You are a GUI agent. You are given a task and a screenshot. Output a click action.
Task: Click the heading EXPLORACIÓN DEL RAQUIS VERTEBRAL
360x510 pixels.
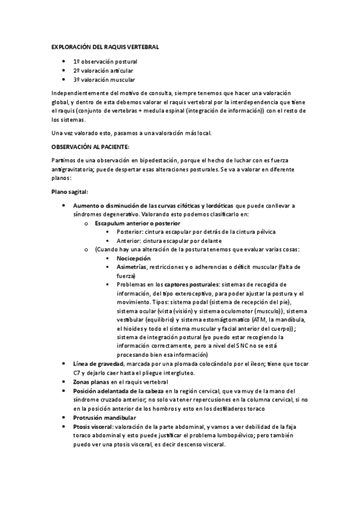105,46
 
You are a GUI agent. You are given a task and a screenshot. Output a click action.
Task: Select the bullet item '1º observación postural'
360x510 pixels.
105,61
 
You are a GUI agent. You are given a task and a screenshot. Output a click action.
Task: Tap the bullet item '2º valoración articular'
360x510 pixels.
103,70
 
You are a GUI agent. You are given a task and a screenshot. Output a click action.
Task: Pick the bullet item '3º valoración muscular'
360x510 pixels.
104,79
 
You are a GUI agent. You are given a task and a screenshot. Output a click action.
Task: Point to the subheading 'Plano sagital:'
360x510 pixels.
70,192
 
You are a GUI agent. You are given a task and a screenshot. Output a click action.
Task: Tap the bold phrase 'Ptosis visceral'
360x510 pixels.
93,426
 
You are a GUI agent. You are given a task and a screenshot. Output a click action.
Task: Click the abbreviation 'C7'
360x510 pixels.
76,373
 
